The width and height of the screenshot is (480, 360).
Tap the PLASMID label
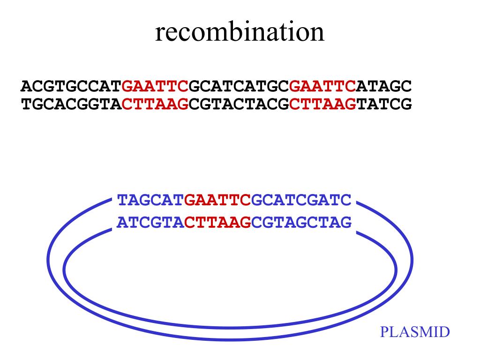(x=414, y=332)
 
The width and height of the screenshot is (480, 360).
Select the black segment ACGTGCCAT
(x=71, y=86)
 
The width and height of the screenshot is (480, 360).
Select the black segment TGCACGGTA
(x=71, y=104)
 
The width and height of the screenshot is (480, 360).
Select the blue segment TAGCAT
(x=150, y=200)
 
